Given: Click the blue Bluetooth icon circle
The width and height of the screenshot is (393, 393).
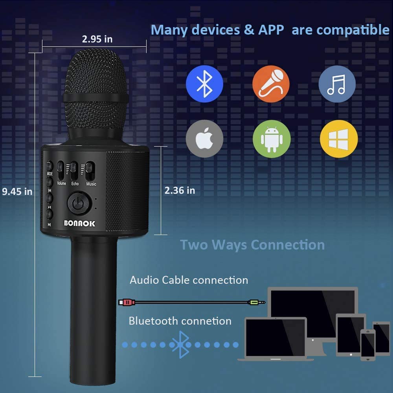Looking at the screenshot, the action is click(204, 84).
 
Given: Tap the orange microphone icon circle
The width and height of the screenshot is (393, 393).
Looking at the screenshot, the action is click(271, 84).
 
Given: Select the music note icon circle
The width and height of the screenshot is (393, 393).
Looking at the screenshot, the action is click(337, 84).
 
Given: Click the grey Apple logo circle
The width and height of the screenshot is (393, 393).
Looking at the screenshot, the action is click(204, 139).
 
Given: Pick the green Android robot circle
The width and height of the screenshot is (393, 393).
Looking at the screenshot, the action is click(272, 139).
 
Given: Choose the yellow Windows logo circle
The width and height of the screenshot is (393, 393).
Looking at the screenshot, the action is click(339, 139).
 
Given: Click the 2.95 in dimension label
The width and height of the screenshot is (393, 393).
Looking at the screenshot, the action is click(97, 39).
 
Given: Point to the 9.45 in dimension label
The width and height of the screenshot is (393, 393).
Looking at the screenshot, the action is click(17, 191).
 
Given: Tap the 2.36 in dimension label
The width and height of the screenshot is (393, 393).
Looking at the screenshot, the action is click(180, 191).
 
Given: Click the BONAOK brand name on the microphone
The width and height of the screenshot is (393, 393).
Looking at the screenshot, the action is click(79, 223).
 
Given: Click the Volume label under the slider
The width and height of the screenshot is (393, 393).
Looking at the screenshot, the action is click(61, 183).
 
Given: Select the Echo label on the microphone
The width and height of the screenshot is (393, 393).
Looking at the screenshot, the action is click(75, 184).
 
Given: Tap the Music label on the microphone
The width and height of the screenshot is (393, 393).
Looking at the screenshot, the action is click(91, 184).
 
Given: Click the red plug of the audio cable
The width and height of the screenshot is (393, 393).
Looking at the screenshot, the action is click(127, 302).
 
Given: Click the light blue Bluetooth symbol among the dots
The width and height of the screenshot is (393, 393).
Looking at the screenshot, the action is click(181, 345).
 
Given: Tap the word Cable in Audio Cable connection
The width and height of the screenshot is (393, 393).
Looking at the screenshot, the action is click(176, 280).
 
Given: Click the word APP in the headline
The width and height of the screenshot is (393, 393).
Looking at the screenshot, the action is click(271, 30).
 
